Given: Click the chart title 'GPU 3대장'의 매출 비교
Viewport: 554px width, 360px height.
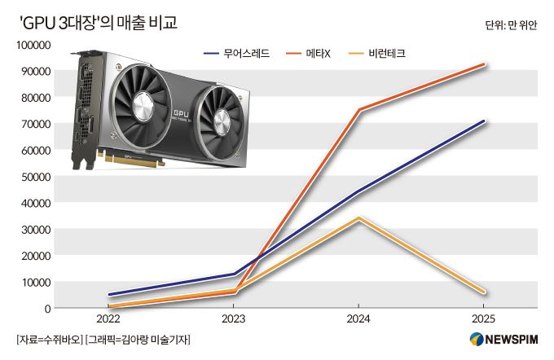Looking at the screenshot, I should (97, 23).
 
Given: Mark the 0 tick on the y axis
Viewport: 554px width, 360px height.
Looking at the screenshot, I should (48, 308).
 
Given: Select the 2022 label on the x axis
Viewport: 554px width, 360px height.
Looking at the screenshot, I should (108, 319).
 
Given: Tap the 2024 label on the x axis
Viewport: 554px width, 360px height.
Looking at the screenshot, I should (359, 319).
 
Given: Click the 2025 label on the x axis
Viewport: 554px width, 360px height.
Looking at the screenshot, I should (485, 319).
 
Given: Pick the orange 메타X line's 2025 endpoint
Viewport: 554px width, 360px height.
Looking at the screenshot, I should (485, 64).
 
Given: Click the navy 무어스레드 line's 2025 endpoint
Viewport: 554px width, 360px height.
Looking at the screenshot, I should (485, 121).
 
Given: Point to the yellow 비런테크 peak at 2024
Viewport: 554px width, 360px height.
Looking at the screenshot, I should (359, 218).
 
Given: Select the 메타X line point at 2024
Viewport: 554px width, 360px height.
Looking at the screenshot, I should (359, 110).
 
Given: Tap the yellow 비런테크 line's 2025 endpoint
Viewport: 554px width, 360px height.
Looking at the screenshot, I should (485, 292).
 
